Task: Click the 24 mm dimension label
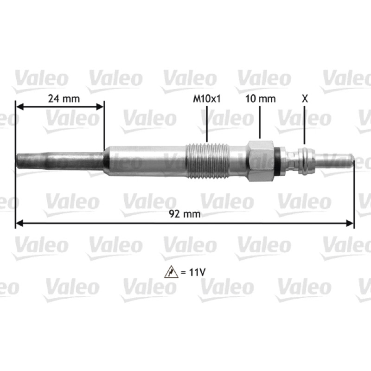64,98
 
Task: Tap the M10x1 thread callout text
207,98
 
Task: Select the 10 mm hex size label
261,98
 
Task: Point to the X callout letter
305,98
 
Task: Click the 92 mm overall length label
185,214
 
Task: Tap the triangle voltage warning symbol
171,272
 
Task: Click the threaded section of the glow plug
207,161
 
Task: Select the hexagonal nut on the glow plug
261,161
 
